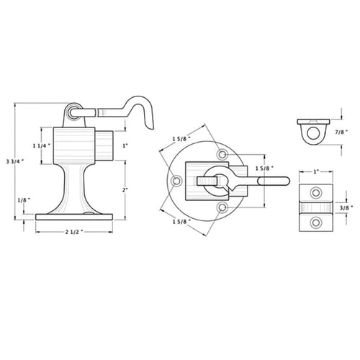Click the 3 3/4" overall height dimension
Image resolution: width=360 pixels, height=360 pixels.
pos(14,161)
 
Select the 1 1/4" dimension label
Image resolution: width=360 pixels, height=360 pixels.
pos(42,145)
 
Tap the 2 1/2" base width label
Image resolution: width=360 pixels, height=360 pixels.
pos(74,232)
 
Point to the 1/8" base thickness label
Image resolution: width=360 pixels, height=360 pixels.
pos(24,199)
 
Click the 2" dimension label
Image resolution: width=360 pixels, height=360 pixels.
pos(125,190)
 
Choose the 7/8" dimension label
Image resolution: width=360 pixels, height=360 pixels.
pos(341,132)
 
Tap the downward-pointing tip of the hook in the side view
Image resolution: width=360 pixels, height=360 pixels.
pos(152,129)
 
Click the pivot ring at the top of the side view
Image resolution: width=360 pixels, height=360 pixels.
pos(73,112)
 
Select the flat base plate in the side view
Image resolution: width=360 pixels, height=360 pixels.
pos(74,217)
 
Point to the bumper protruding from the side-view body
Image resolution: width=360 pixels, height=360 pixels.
pos(104,145)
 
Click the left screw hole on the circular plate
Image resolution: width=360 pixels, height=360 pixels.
pos(176,181)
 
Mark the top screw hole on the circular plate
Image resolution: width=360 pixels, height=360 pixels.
pos(222,154)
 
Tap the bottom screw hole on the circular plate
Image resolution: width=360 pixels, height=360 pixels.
pos(222,207)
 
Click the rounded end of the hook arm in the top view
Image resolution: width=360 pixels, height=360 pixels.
pos(286,181)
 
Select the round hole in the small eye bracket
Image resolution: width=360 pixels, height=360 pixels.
pos(313,133)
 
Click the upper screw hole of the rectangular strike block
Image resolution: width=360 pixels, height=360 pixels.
pos(315,192)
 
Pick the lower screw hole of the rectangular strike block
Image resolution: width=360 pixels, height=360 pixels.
pos(315,222)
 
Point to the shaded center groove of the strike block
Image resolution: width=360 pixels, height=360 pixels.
pos(316,207)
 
